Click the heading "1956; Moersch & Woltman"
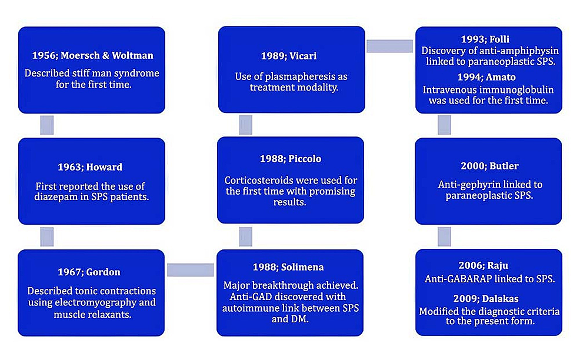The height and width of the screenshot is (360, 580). [x=92, y=55]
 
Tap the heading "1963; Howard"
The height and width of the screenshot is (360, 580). [x=90, y=167]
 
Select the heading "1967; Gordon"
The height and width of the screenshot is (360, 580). [x=89, y=272]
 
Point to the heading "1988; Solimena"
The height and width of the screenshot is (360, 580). [x=288, y=267]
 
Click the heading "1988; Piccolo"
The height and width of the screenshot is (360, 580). [x=291, y=159]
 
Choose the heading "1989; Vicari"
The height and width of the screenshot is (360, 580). [x=289, y=56]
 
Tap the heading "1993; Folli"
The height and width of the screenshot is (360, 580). [x=485, y=39]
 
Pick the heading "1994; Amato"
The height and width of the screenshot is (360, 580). [x=486, y=77]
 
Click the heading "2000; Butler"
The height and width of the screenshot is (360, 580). [x=490, y=166]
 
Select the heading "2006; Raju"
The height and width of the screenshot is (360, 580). [x=484, y=265]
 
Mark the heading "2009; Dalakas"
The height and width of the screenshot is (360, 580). [x=486, y=299]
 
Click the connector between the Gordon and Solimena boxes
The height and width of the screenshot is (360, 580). [x=191, y=270]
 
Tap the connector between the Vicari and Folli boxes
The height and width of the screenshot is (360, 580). [x=389, y=46]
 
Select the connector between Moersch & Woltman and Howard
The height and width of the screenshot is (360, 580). [x=47, y=125]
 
